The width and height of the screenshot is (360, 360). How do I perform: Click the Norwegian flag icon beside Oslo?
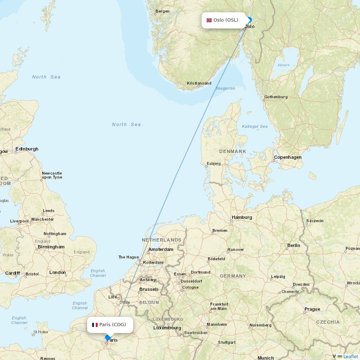click(x=209, y=20)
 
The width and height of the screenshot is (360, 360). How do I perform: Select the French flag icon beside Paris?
click(x=95, y=325)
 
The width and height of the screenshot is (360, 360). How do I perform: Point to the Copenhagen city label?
click(x=288, y=157)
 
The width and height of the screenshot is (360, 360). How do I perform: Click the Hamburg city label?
click(x=242, y=217)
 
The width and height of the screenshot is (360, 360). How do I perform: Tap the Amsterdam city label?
click(x=161, y=249)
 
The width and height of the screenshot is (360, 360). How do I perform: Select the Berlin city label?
click(x=293, y=246)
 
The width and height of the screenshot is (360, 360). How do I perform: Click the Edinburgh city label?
click(x=27, y=149)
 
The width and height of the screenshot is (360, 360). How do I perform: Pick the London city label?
click(x=58, y=273)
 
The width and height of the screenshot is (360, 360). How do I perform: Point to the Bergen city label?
click(x=162, y=12)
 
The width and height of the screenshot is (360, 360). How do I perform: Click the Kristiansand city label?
click(x=199, y=84)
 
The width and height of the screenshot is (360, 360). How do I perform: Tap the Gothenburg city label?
click(x=276, y=97)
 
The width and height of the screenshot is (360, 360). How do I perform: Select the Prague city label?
click(x=312, y=309)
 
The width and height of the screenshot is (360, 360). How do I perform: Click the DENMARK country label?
click(x=233, y=152)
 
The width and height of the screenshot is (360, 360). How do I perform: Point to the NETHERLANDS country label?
click(x=162, y=240)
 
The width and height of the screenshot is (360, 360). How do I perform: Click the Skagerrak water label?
click(x=225, y=88)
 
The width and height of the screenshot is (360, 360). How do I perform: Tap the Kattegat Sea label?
click(x=255, y=126)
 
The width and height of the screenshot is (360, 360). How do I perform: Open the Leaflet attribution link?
click(x=350, y=356)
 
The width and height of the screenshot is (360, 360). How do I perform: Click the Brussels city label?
click(x=149, y=289)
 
